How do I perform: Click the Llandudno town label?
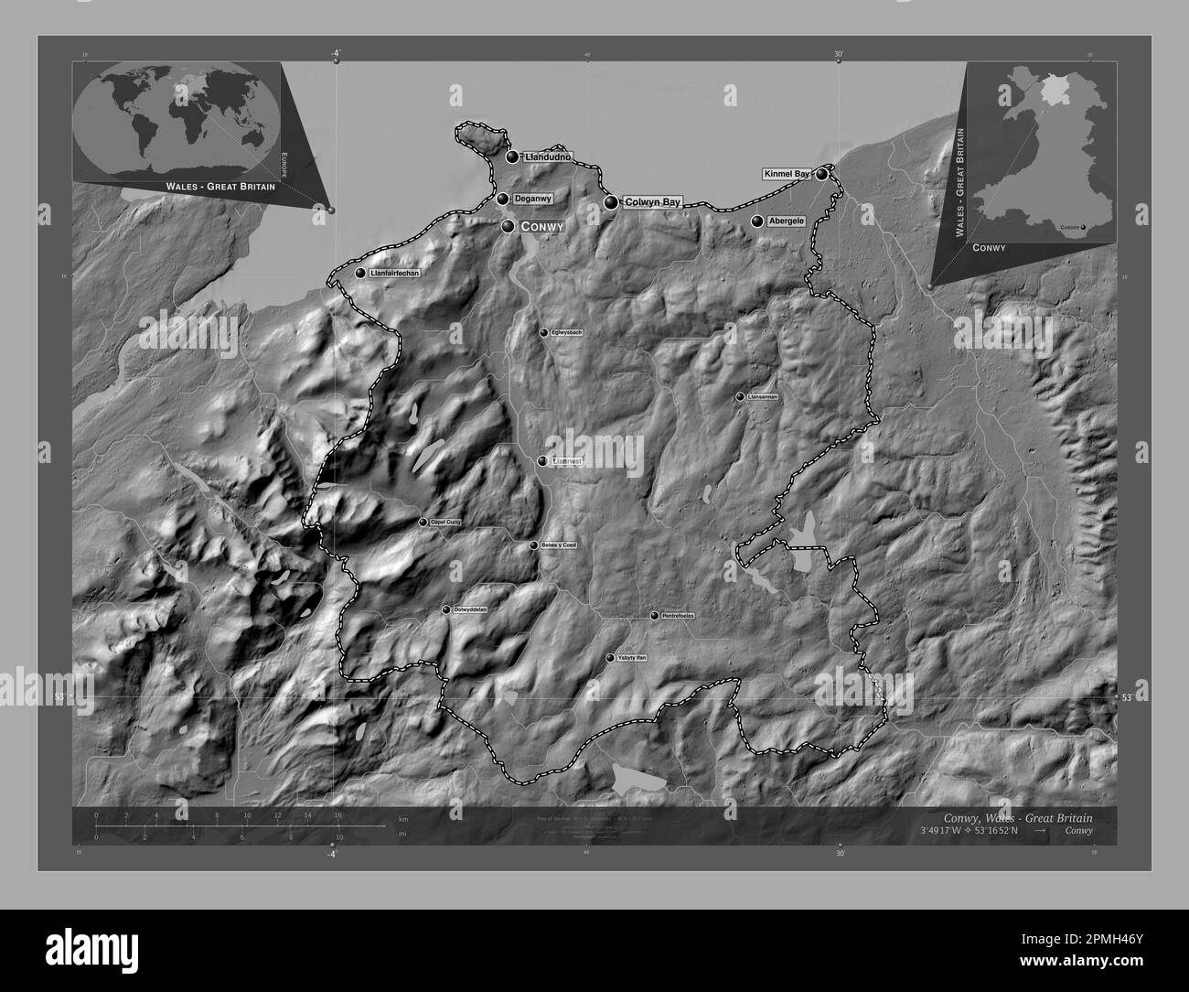[x=547, y=157]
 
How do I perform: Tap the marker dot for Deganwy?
[x=503, y=199]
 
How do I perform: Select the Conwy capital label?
[x=541, y=226]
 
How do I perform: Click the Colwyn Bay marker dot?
[x=611, y=202]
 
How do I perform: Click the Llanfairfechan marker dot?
[x=360, y=273]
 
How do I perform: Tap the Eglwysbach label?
[x=567, y=333]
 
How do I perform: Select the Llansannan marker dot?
[x=740, y=397]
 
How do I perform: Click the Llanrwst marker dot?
[x=543, y=462]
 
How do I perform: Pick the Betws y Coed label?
[x=559, y=545]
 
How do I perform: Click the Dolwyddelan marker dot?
[x=446, y=609]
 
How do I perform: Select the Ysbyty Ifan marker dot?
[x=610, y=658]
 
